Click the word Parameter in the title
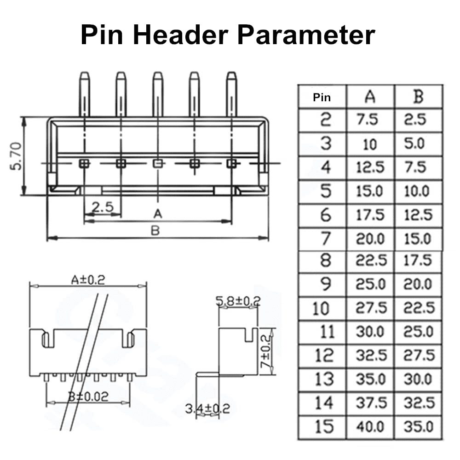305,34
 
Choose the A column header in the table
370,97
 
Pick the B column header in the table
418,97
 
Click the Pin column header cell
322,97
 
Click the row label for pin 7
326,239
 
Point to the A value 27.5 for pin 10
371,308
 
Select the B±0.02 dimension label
88,396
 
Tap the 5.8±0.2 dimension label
238,301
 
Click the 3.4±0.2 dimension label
207,408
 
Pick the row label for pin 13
325,379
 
